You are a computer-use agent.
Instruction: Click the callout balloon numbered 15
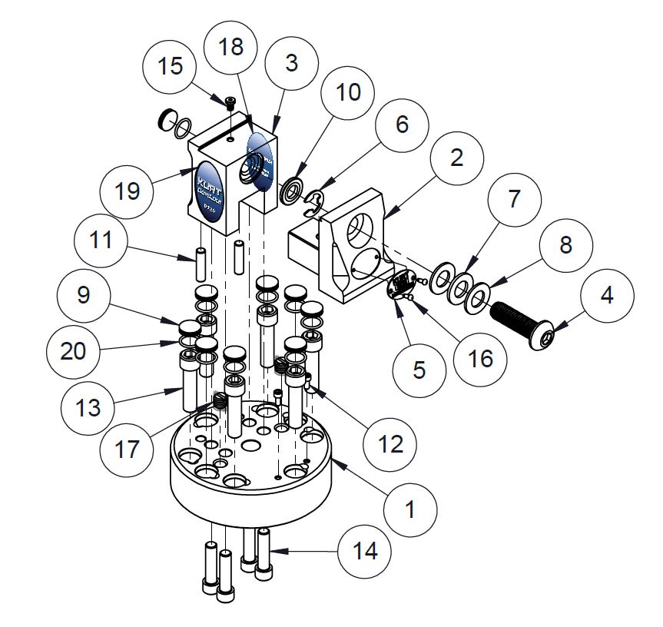coord(171,65)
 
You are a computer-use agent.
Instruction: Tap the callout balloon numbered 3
coord(291,63)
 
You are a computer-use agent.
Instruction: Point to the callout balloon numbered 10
coord(347,92)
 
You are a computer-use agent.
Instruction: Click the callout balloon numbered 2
coord(456,159)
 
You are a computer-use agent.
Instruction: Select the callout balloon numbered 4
coord(607,296)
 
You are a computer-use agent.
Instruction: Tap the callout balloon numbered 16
coord(480,357)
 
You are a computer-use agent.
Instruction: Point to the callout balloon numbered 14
coord(365,550)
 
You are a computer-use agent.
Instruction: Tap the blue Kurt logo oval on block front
coord(208,188)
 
